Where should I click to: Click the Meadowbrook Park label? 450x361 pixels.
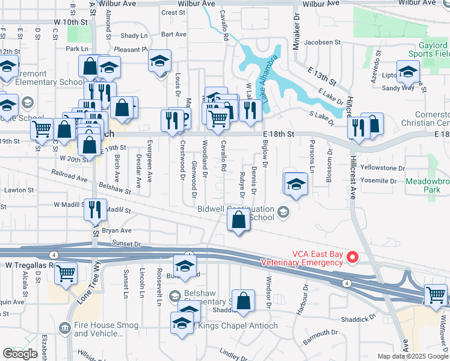[x=427, y=185]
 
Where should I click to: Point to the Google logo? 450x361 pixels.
[x=20, y=354]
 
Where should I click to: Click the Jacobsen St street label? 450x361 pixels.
[x=322, y=43]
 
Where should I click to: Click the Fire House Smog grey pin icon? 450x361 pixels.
[x=65, y=327]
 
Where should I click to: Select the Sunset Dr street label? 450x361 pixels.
[x=126, y=244]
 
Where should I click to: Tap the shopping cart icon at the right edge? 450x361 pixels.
[x=436, y=295]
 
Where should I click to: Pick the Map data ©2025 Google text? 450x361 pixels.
[x=413, y=356]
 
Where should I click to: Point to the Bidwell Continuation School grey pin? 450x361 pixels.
[x=283, y=211]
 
